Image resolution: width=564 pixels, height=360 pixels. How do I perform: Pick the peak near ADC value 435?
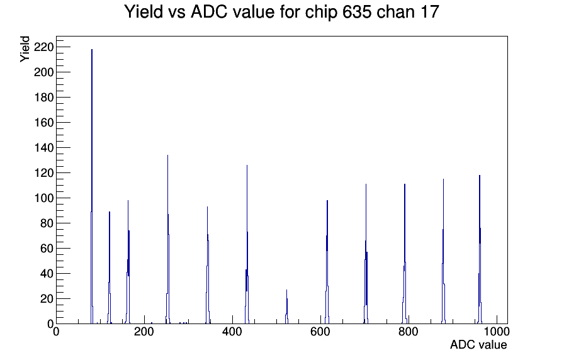[247, 245]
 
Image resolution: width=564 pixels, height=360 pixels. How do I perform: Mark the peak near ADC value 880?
[443, 252]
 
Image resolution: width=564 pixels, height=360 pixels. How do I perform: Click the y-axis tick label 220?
[43, 47]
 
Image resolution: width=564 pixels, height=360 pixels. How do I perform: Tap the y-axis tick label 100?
[43, 198]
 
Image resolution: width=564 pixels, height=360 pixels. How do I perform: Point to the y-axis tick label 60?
[47, 249]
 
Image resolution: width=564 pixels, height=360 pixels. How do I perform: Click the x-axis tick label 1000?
[497, 331]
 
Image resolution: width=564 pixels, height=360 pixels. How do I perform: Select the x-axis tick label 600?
[320, 331]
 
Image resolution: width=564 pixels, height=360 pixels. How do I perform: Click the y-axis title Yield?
[25, 49]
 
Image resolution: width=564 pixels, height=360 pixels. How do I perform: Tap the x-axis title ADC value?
[478, 345]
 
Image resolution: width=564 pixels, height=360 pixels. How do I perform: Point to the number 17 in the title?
[429, 12]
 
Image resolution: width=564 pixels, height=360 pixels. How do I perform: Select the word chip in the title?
[321, 13]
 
